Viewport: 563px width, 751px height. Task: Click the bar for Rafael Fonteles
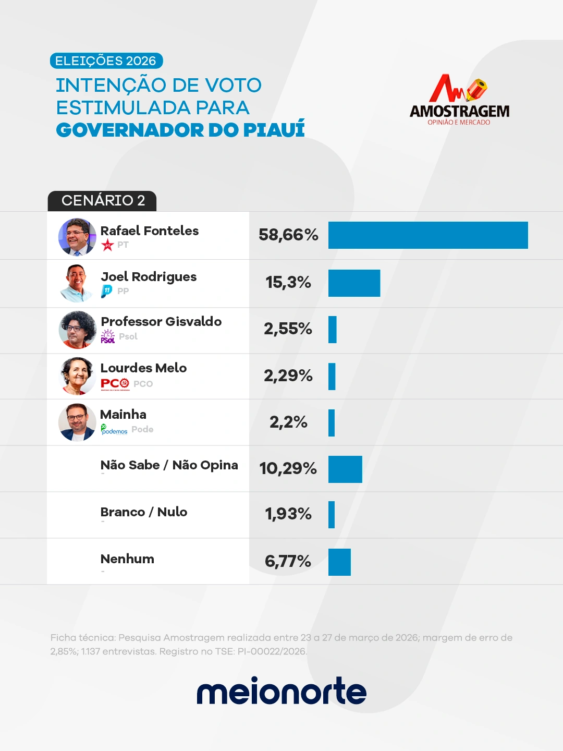(x=428, y=235)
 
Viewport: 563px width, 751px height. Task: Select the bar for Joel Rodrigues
(x=354, y=283)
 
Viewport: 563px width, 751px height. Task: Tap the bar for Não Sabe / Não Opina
(x=345, y=469)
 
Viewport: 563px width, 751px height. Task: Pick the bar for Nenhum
(x=339, y=562)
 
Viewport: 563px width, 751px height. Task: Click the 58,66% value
(x=288, y=235)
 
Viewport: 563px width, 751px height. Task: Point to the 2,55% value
(x=288, y=329)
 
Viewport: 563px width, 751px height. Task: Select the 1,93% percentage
(x=288, y=514)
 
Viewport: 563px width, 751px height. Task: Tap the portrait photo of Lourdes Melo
(x=77, y=376)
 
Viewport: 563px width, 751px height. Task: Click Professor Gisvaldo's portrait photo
(x=77, y=330)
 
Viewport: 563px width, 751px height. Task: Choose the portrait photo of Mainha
(x=77, y=422)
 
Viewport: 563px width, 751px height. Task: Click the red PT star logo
(x=107, y=245)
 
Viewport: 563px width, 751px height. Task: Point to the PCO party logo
(x=115, y=384)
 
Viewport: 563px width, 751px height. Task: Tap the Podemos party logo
(x=114, y=430)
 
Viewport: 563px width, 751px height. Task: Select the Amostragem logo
(x=459, y=100)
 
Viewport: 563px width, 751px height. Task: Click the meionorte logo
(x=281, y=691)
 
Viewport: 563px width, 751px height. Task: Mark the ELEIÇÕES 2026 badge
(x=106, y=61)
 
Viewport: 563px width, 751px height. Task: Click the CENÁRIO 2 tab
(x=103, y=201)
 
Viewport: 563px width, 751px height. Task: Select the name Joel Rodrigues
(x=149, y=277)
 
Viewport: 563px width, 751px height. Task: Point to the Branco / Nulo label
(x=144, y=512)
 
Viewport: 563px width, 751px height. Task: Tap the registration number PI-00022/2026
(x=272, y=651)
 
